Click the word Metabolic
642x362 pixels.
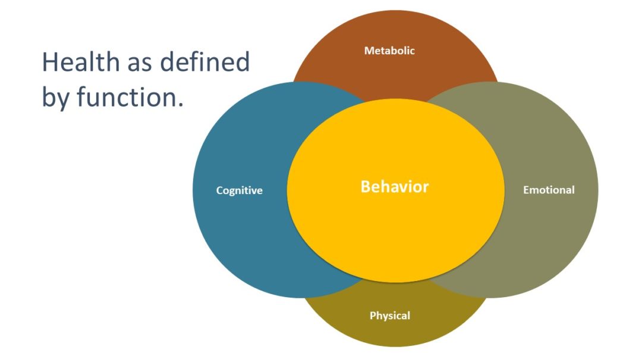coord(389,51)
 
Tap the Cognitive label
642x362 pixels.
coord(239,191)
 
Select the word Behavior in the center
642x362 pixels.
coord(394,187)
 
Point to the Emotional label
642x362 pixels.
coord(549,190)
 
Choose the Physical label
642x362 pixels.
coord(389,316)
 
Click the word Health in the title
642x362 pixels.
coord(78,62)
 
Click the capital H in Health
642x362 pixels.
coord(49,62)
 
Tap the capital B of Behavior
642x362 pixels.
coord(366,187)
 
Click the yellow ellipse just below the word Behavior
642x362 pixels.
coord(394,226)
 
